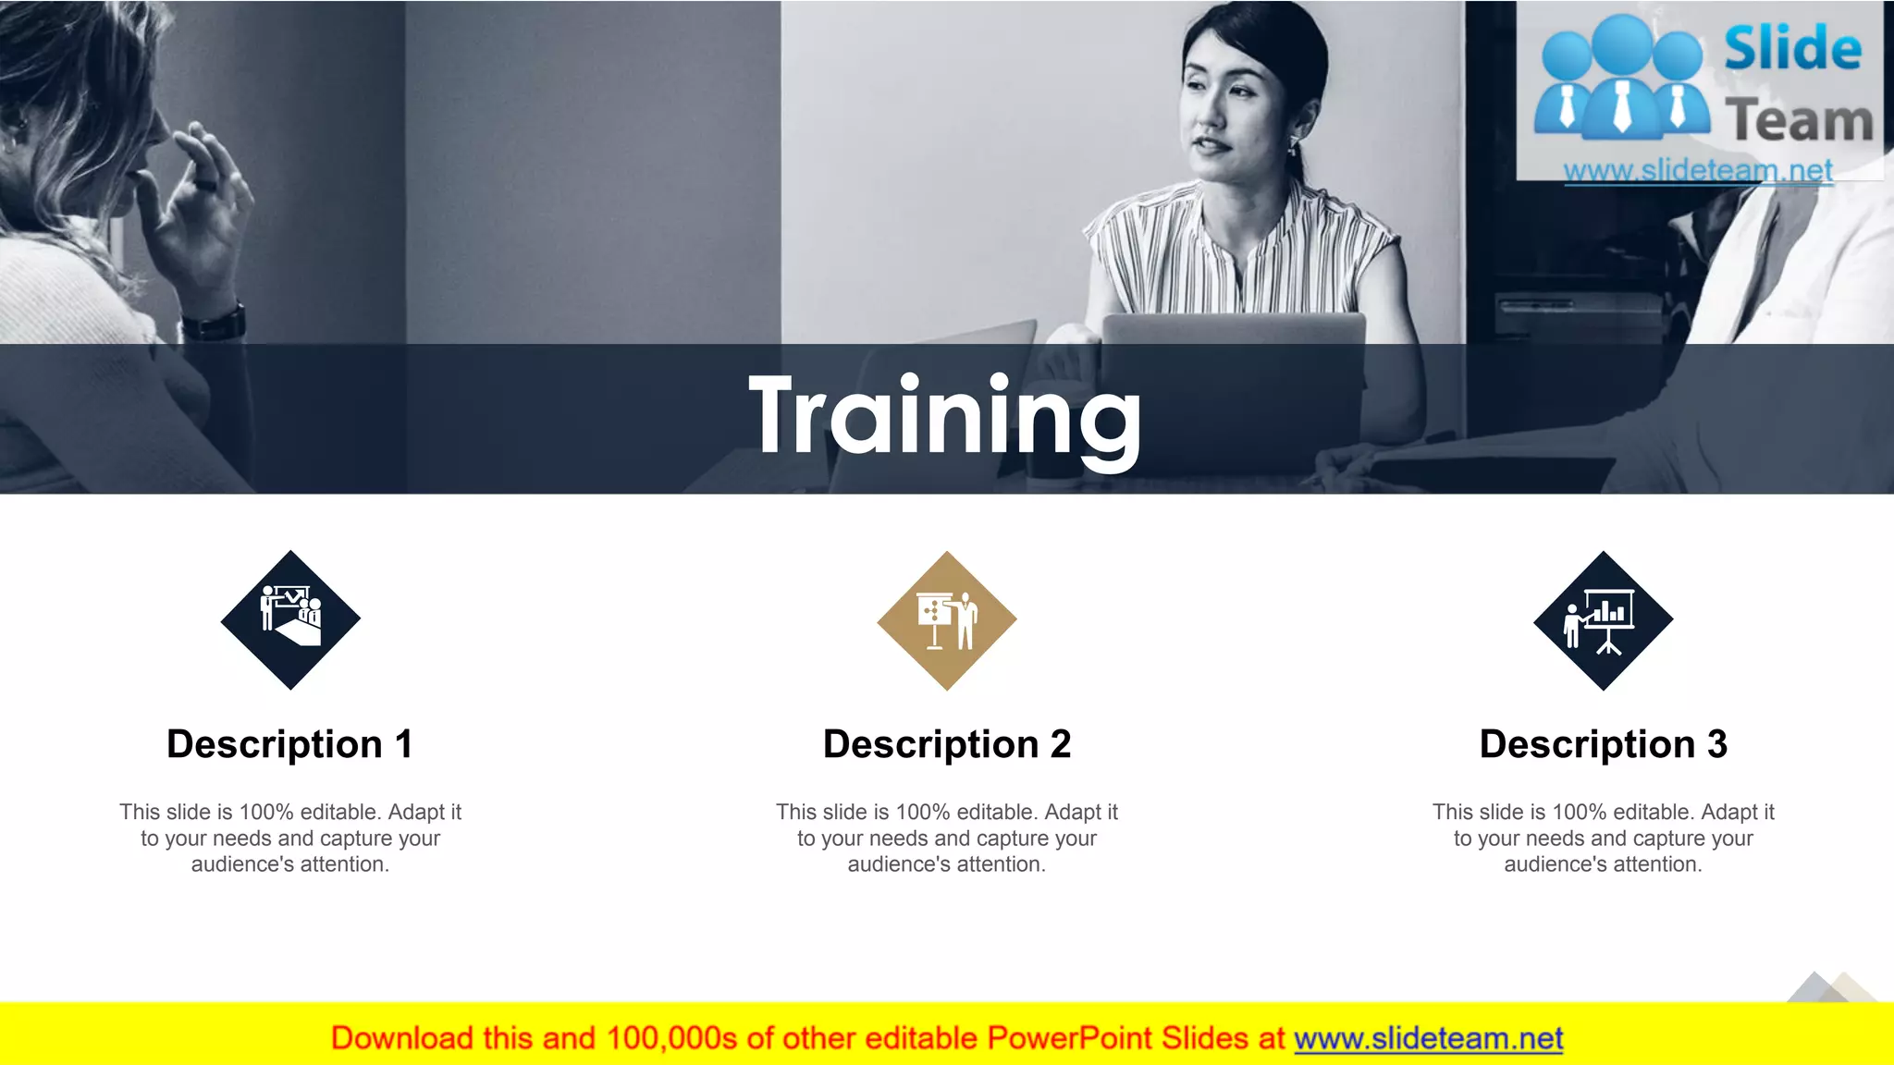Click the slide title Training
click(x=945, y=418)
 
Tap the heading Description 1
click(x=289, y=744)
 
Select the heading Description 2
click(x=946, y=744)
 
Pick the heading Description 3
click(x=1603, y=744)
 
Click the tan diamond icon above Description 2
click(x=946, y=620)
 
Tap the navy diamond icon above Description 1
click(x=290, y=620)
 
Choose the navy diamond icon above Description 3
click(x=1603, y=620)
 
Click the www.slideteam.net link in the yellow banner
click(x=1428, y=1039)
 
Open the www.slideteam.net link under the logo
click(x=1698, y=171)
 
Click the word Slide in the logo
click(x=1792, y=48)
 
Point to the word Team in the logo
click(x=1799, y=121)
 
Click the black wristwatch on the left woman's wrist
click(x=215, y=323)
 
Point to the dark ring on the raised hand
click(x=205, y=185)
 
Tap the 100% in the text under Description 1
click(x=266, y=813)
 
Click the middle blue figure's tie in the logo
click(x=1622, y=104)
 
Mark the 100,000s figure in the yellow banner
click(x=671, y=1039)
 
